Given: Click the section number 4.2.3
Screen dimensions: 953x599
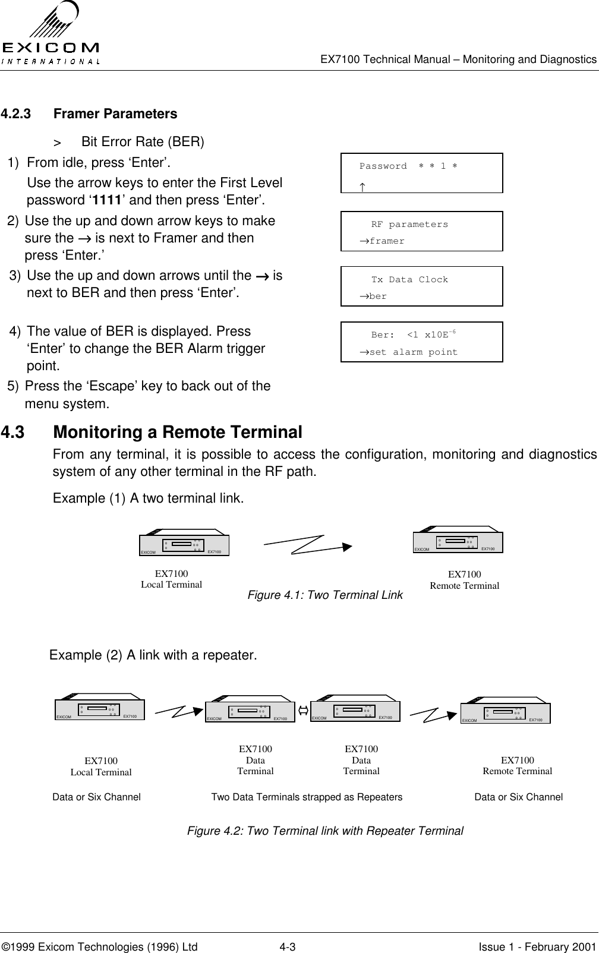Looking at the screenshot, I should point(17,113).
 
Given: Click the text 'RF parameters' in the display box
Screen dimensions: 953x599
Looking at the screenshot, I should point(409,225).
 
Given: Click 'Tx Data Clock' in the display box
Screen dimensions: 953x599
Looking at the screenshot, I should point(409,280).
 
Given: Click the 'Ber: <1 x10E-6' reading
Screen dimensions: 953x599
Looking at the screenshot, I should point(413,335).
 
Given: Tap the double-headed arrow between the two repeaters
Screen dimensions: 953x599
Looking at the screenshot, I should point(302,710).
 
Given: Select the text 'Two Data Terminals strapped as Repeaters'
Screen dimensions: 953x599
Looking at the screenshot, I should point(307,797).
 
